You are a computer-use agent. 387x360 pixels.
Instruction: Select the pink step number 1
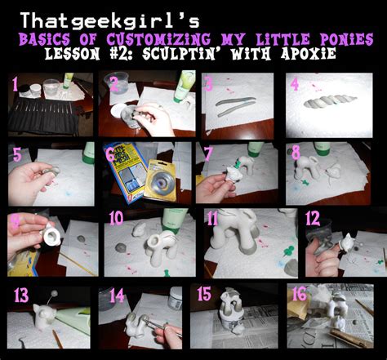[14, 83]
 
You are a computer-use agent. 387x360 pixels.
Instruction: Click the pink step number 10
[117, 219]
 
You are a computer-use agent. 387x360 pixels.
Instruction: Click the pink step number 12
[312, 219]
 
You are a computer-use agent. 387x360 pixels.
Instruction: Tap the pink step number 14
[117, 296]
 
